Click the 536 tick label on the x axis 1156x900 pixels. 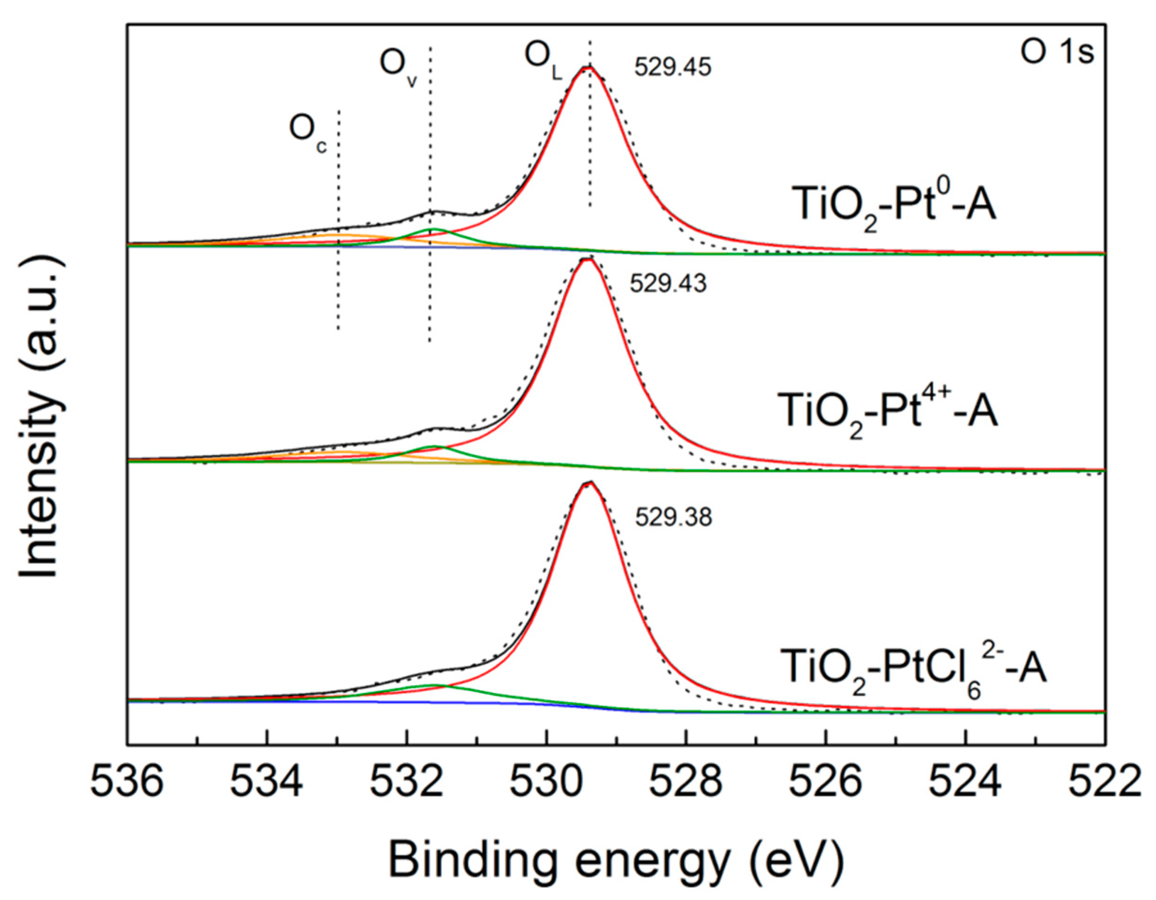coord(127,783)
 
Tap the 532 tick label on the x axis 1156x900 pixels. coord(406,783)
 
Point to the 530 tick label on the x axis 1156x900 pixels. coord(546,783)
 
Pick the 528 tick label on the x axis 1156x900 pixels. coord(686,783)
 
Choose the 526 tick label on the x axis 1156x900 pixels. coord(826,783)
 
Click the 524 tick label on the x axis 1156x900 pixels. coord(966,783)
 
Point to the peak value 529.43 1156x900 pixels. coord(668,285)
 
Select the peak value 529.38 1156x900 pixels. coord(673,518)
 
